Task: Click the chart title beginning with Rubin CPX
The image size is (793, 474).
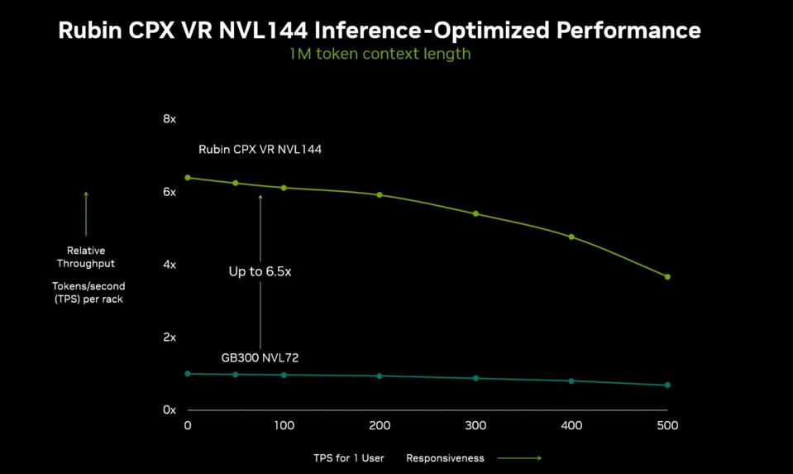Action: tap(380, 31)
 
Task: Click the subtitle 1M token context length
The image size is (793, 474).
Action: tap(380, 54)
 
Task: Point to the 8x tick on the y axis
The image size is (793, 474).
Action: tap(170, 119)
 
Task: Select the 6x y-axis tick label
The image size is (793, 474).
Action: tap(170, 192)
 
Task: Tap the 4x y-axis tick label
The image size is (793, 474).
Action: tap(170, 265)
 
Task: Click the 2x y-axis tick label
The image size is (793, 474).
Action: tap(170, 338)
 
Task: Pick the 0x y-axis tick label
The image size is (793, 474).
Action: tap(170, 410)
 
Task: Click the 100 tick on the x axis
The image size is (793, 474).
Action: tap(284, 426)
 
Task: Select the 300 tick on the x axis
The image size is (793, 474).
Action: tap(475, 426)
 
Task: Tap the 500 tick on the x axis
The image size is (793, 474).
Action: tap(667, 426)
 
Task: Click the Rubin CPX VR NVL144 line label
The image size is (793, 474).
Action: tap(260, 150)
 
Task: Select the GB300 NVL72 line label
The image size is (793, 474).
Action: tap(260, 358)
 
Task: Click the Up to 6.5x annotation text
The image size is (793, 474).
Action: tap(260, 271)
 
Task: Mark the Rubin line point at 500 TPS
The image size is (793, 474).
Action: tap(667, 277)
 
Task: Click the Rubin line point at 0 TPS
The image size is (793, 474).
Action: tap(188, 178)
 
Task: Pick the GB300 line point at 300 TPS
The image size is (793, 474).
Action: tap(475, 378)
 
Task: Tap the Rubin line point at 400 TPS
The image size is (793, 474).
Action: tap(571, 237)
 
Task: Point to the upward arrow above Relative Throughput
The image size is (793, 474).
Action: tap(86, 213)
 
